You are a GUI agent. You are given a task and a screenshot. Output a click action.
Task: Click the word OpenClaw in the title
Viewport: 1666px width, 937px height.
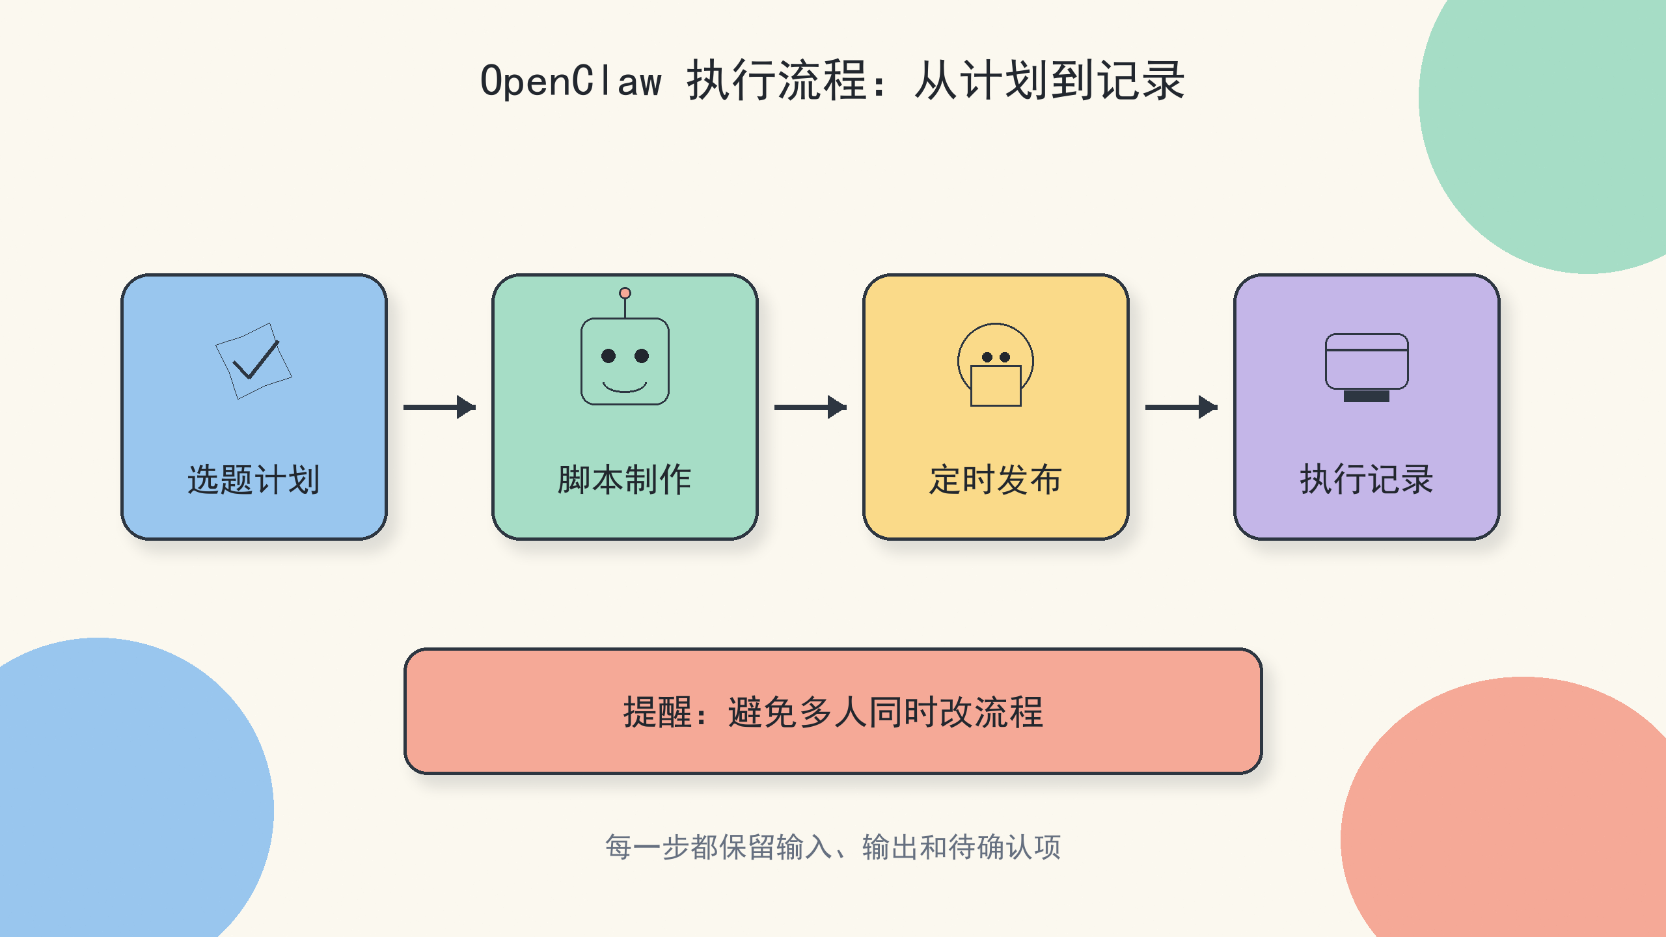(x=571, y=81)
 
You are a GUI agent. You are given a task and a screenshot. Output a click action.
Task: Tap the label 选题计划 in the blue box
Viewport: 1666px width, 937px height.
(x=254, y=480)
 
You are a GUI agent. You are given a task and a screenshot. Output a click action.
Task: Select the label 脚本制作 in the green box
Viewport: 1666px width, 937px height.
(x=625, y=480)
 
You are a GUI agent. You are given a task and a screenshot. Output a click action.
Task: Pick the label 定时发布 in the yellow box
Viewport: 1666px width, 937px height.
(x=996, y=480)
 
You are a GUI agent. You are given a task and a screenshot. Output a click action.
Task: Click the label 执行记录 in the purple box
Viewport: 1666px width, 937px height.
(x=1367, y=480)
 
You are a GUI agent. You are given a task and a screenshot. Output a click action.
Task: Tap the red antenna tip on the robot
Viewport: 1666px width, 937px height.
(x=625, y=293)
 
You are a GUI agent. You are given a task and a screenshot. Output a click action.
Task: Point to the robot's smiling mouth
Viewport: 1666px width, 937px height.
(x=625, y=388)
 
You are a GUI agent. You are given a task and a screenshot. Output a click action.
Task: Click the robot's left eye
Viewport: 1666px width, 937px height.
(x=608, y=356)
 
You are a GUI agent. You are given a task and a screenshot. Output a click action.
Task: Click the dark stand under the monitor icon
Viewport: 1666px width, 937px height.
(x=1367, y=396)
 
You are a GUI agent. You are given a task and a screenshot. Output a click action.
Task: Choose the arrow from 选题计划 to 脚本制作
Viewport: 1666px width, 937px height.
(x=440, y=407)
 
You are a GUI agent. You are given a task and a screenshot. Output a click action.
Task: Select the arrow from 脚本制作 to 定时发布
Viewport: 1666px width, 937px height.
(x=810, y=407)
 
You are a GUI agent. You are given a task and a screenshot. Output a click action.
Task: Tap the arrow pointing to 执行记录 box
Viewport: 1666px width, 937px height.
(x=1181, y=407)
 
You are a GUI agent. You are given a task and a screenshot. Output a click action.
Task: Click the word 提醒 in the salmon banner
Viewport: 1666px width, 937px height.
(x=657, y=712)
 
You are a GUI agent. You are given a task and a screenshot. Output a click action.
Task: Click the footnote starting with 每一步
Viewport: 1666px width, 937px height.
(x=833, y=847)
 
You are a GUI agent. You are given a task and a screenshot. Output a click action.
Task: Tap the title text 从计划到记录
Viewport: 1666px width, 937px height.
(x=1049, y=81)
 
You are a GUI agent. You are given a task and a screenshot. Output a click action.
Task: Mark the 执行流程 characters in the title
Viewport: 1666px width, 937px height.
(x=778, y=81)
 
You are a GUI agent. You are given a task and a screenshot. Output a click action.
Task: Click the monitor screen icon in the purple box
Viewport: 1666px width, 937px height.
(x=1367, y=362)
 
